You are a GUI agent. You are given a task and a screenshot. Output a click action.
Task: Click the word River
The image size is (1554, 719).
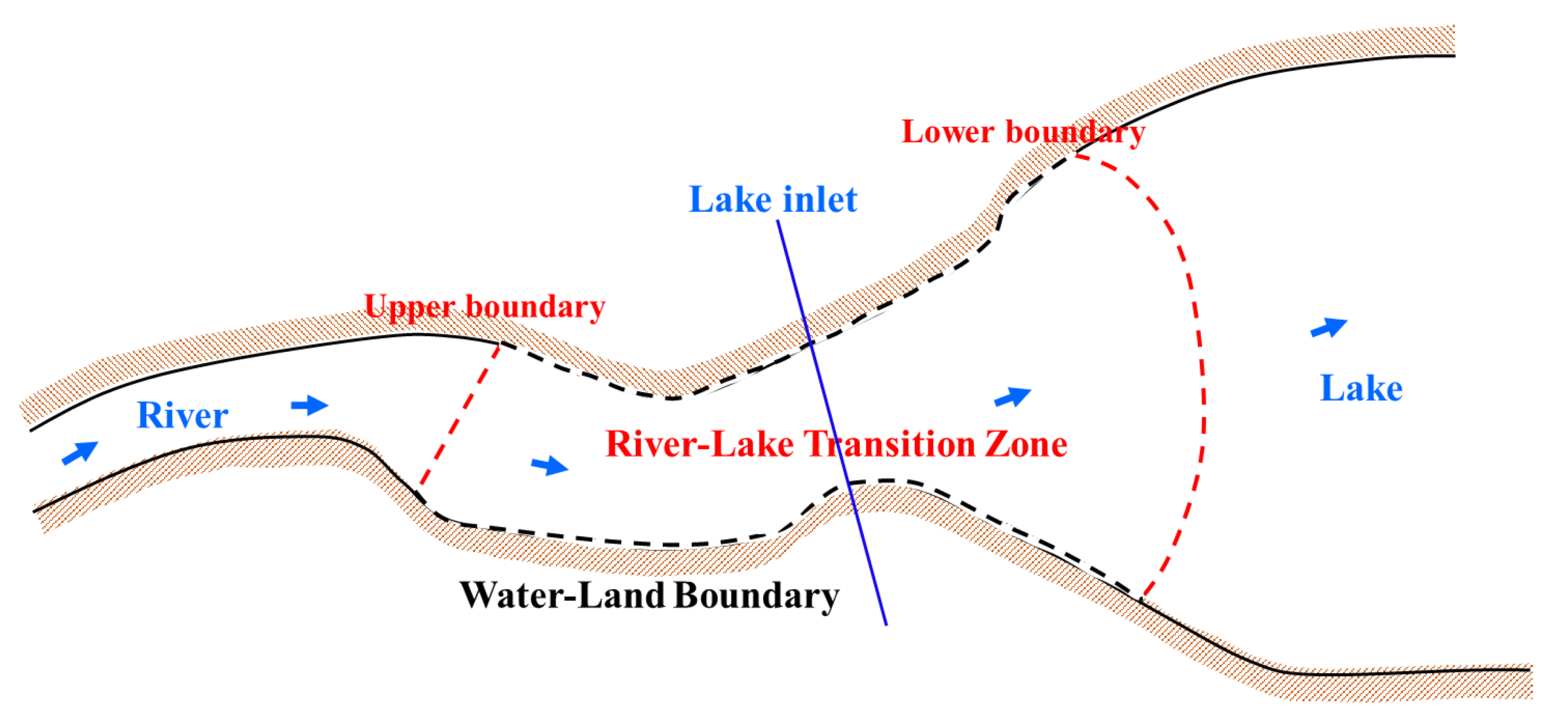tap(182, 415)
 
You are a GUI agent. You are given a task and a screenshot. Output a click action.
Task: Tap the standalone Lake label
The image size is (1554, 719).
tap(1361, 388)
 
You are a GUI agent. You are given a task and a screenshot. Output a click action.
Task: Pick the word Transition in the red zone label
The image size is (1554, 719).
tap(890, 444)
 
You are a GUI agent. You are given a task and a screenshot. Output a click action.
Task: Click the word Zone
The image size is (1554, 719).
tap(1025, 444)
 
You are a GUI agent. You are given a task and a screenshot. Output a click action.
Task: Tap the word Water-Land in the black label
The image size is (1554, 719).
tap(562, 595)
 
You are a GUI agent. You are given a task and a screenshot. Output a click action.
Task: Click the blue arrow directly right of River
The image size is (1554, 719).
tap(309, 405)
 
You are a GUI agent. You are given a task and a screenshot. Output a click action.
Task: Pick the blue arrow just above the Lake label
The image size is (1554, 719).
tap(1330, 327)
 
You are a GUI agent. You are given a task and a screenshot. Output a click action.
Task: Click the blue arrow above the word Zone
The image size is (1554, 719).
tap(1013, 397)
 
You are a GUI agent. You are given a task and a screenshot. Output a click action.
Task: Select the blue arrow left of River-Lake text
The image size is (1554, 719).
tap(549, 465)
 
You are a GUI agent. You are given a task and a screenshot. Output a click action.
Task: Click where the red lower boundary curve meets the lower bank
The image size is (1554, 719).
tap(1141, 600)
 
